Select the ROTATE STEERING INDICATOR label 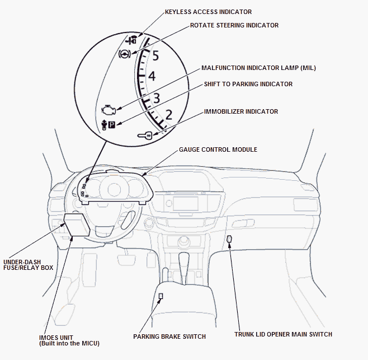[234, 25]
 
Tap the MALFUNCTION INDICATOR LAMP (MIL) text [258, 68]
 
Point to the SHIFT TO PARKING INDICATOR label [248, 84]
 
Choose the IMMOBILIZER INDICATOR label [241, 111]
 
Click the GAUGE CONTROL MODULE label [218, 150]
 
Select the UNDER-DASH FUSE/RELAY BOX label [28, 264]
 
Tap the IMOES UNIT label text [69, 340]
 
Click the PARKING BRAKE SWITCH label [169, 336]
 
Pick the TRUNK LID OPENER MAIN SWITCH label [283, 334]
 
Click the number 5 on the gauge [155, 56]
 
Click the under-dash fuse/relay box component [76, 226]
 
